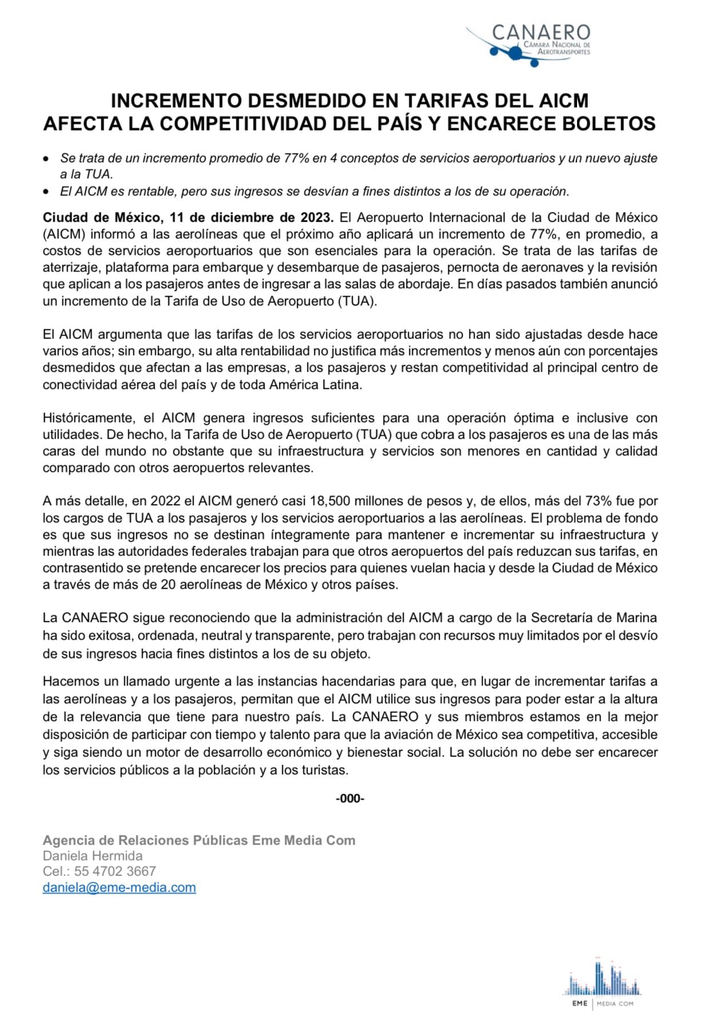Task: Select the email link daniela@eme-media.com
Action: pos(119,887)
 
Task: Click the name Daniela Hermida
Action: pos(93,855)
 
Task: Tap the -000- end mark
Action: pos(350,798)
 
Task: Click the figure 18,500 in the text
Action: pos(329,502)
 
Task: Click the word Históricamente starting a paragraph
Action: pos(88,418)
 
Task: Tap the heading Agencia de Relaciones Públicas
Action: pos(145,840)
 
